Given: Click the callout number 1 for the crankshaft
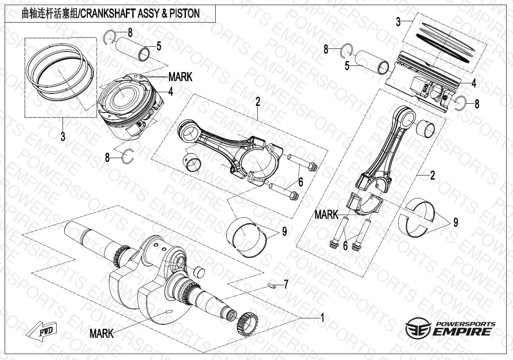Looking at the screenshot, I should pyautogui.click(x=322, y=317).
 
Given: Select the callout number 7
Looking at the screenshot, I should pyautogui.click(x=286, y=284).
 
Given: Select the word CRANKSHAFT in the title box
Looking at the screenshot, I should pyautogui.click(x=106, y=13).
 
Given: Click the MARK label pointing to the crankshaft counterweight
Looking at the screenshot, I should pyautogui.click(x=102, y=334).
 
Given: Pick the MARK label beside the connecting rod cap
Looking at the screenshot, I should pyautogui.click(x=326, y=215).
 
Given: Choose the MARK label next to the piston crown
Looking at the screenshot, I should pyautogui.click(x=180, y=77).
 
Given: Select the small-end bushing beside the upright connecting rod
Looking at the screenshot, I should pyautogui.click(x=426, y=127).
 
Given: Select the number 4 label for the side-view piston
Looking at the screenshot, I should pyautogui.click(x=474, y=84).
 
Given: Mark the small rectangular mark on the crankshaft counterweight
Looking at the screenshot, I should pyautogui.click(x=168, y=312).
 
